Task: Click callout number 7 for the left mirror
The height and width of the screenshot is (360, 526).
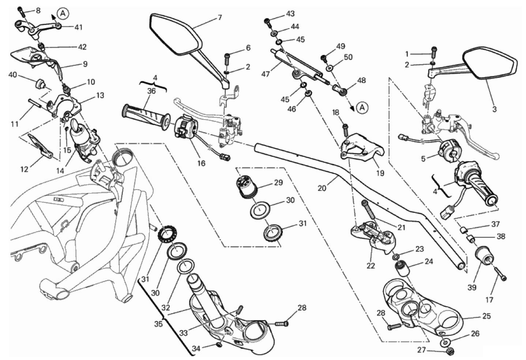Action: (219, 17)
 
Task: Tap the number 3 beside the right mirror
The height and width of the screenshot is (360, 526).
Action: (494, 109)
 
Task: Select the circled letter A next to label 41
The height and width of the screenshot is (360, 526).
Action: (63, 14)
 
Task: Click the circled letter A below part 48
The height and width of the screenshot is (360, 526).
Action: (362, 107)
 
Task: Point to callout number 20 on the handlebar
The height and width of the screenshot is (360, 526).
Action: (322, 188)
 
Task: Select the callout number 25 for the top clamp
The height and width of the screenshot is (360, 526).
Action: (486, 316)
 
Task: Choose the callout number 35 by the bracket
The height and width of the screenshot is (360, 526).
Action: (158, 325)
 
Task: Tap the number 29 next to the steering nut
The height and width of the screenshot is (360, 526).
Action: (278, 183)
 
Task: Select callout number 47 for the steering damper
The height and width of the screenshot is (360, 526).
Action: (266, 74)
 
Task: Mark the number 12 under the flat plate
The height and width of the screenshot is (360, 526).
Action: (24, 169)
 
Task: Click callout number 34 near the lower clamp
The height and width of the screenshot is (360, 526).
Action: (196, 349)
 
